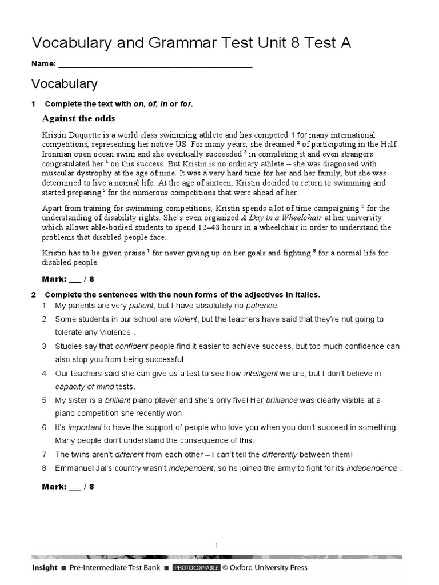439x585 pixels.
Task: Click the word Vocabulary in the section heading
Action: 64,84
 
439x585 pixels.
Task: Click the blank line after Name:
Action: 155,64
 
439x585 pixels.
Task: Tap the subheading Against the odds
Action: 79,118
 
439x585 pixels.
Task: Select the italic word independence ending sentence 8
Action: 372,468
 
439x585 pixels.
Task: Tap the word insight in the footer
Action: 45,568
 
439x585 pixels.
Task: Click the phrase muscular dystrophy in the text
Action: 74,173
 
